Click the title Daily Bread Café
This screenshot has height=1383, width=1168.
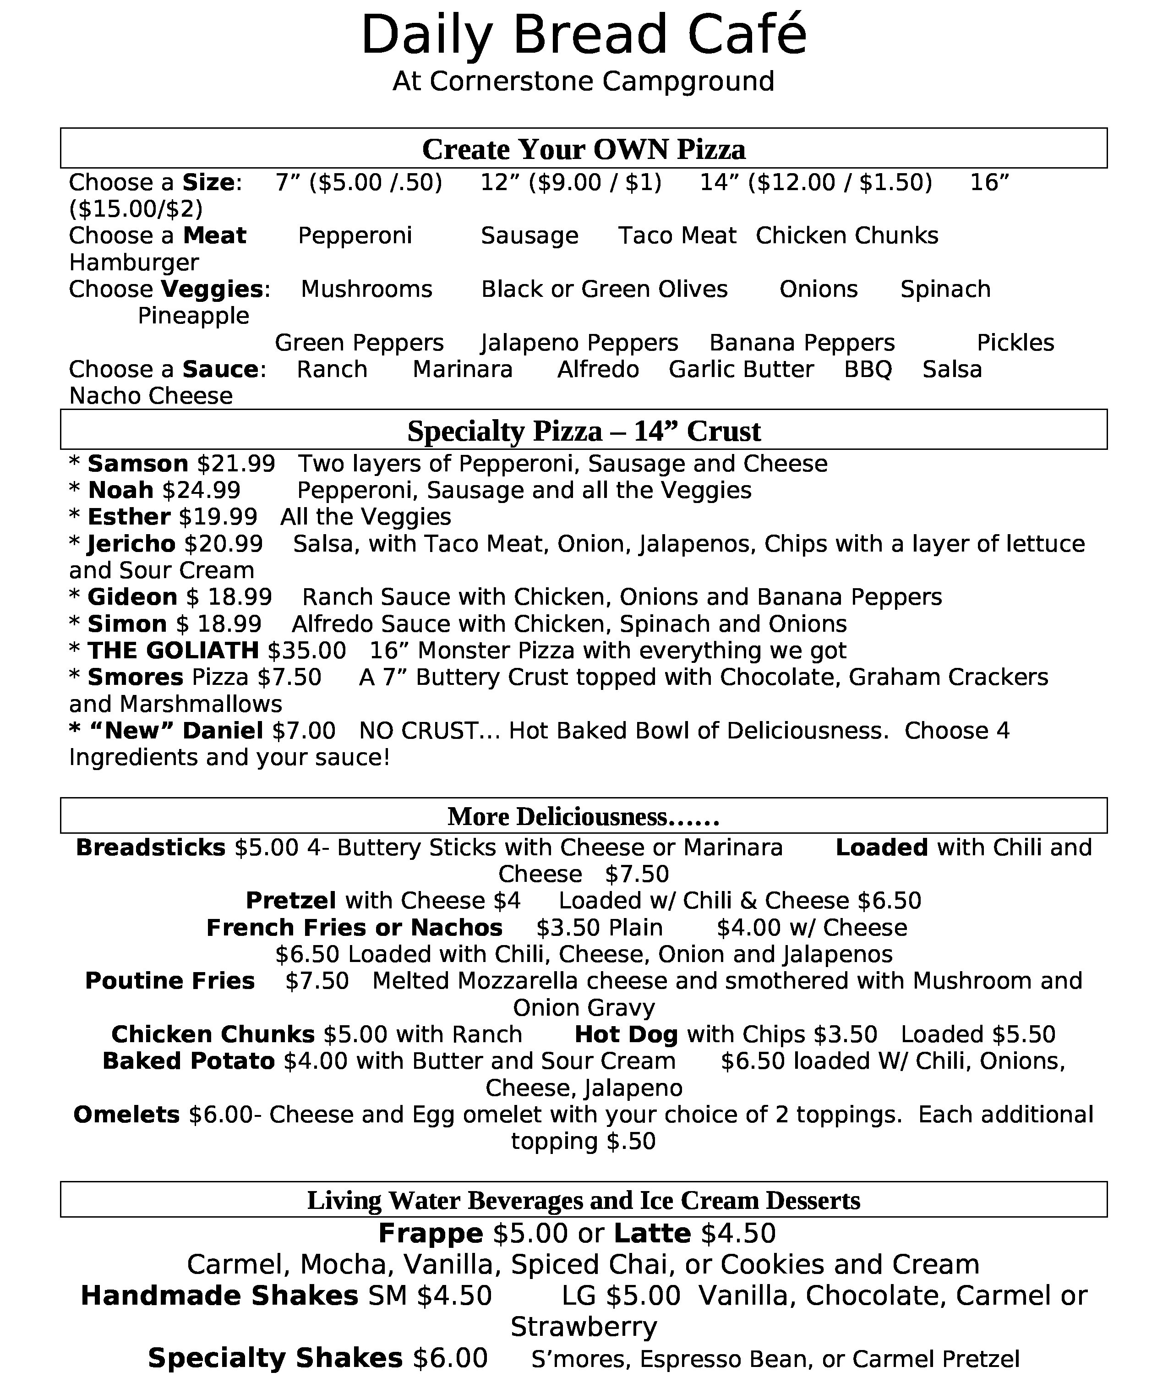pyautogui.click(x=584, y=36)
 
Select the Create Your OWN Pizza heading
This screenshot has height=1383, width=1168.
pyautogui.click(x=584, y=149)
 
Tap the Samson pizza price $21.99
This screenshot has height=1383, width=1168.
pyautogui.click(x=236, y=464)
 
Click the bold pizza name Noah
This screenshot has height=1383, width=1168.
pyautogui.click(x=120, y=491)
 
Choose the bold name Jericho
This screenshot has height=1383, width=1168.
pyautogui.click(x=131, y=544)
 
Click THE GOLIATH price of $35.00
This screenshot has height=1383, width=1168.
pyautogui.click(x=306, y=651)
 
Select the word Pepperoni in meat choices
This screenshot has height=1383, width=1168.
pyautogui.click(x=355, y=235)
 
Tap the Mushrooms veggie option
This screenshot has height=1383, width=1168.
pyautogui.click(x=366, y=290)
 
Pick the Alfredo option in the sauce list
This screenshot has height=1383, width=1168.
pyautogui.click(x=598, y=369)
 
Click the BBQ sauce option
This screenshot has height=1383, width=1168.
pyautogui.click(x=868, y=369)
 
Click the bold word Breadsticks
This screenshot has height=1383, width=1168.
pyautogui.click(x=151, y=848)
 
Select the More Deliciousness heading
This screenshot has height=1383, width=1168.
pyautogui.click(x=584, y=817)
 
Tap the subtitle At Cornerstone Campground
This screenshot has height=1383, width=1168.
pyautogui.click(x=584, y=82)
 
